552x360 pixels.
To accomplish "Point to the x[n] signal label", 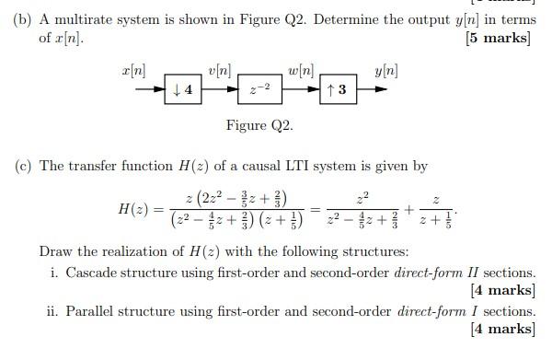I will point(133,71).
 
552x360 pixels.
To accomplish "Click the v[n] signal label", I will point(220,71).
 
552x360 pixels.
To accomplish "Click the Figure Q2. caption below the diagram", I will point(259,126).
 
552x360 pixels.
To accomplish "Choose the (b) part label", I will point(22,17).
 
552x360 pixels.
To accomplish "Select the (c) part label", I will point(22,166).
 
